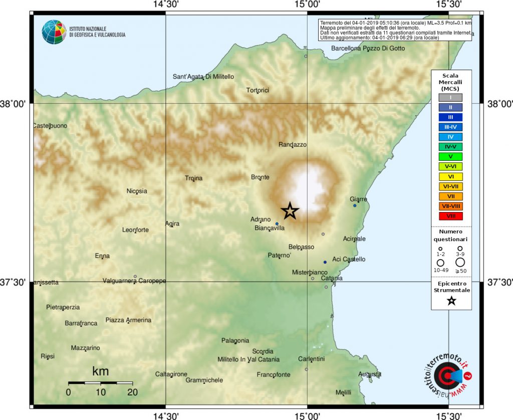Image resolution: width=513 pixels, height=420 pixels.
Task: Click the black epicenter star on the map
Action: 290,212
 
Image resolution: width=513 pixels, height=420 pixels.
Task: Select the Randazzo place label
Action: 292,145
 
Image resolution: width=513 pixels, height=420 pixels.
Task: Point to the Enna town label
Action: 102,256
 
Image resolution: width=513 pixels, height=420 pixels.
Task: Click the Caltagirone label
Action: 171,374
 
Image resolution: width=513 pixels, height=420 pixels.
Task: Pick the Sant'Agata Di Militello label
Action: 203,77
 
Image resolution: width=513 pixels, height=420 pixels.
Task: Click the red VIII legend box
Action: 451,216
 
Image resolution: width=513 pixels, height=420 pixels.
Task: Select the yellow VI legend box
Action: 451,176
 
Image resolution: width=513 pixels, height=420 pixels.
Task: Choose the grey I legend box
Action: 451,97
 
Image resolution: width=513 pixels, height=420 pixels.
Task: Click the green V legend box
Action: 451,156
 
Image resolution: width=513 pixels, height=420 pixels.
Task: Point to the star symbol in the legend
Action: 451,301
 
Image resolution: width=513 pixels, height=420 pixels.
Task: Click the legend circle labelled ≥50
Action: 460,262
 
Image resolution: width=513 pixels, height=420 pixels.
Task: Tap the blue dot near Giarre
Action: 355,205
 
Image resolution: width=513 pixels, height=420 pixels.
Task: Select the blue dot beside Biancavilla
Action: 277,224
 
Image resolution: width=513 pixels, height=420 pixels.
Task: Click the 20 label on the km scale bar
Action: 133,392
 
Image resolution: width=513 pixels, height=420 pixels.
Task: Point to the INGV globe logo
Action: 54,32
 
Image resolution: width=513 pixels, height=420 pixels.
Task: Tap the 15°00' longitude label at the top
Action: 307,5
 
